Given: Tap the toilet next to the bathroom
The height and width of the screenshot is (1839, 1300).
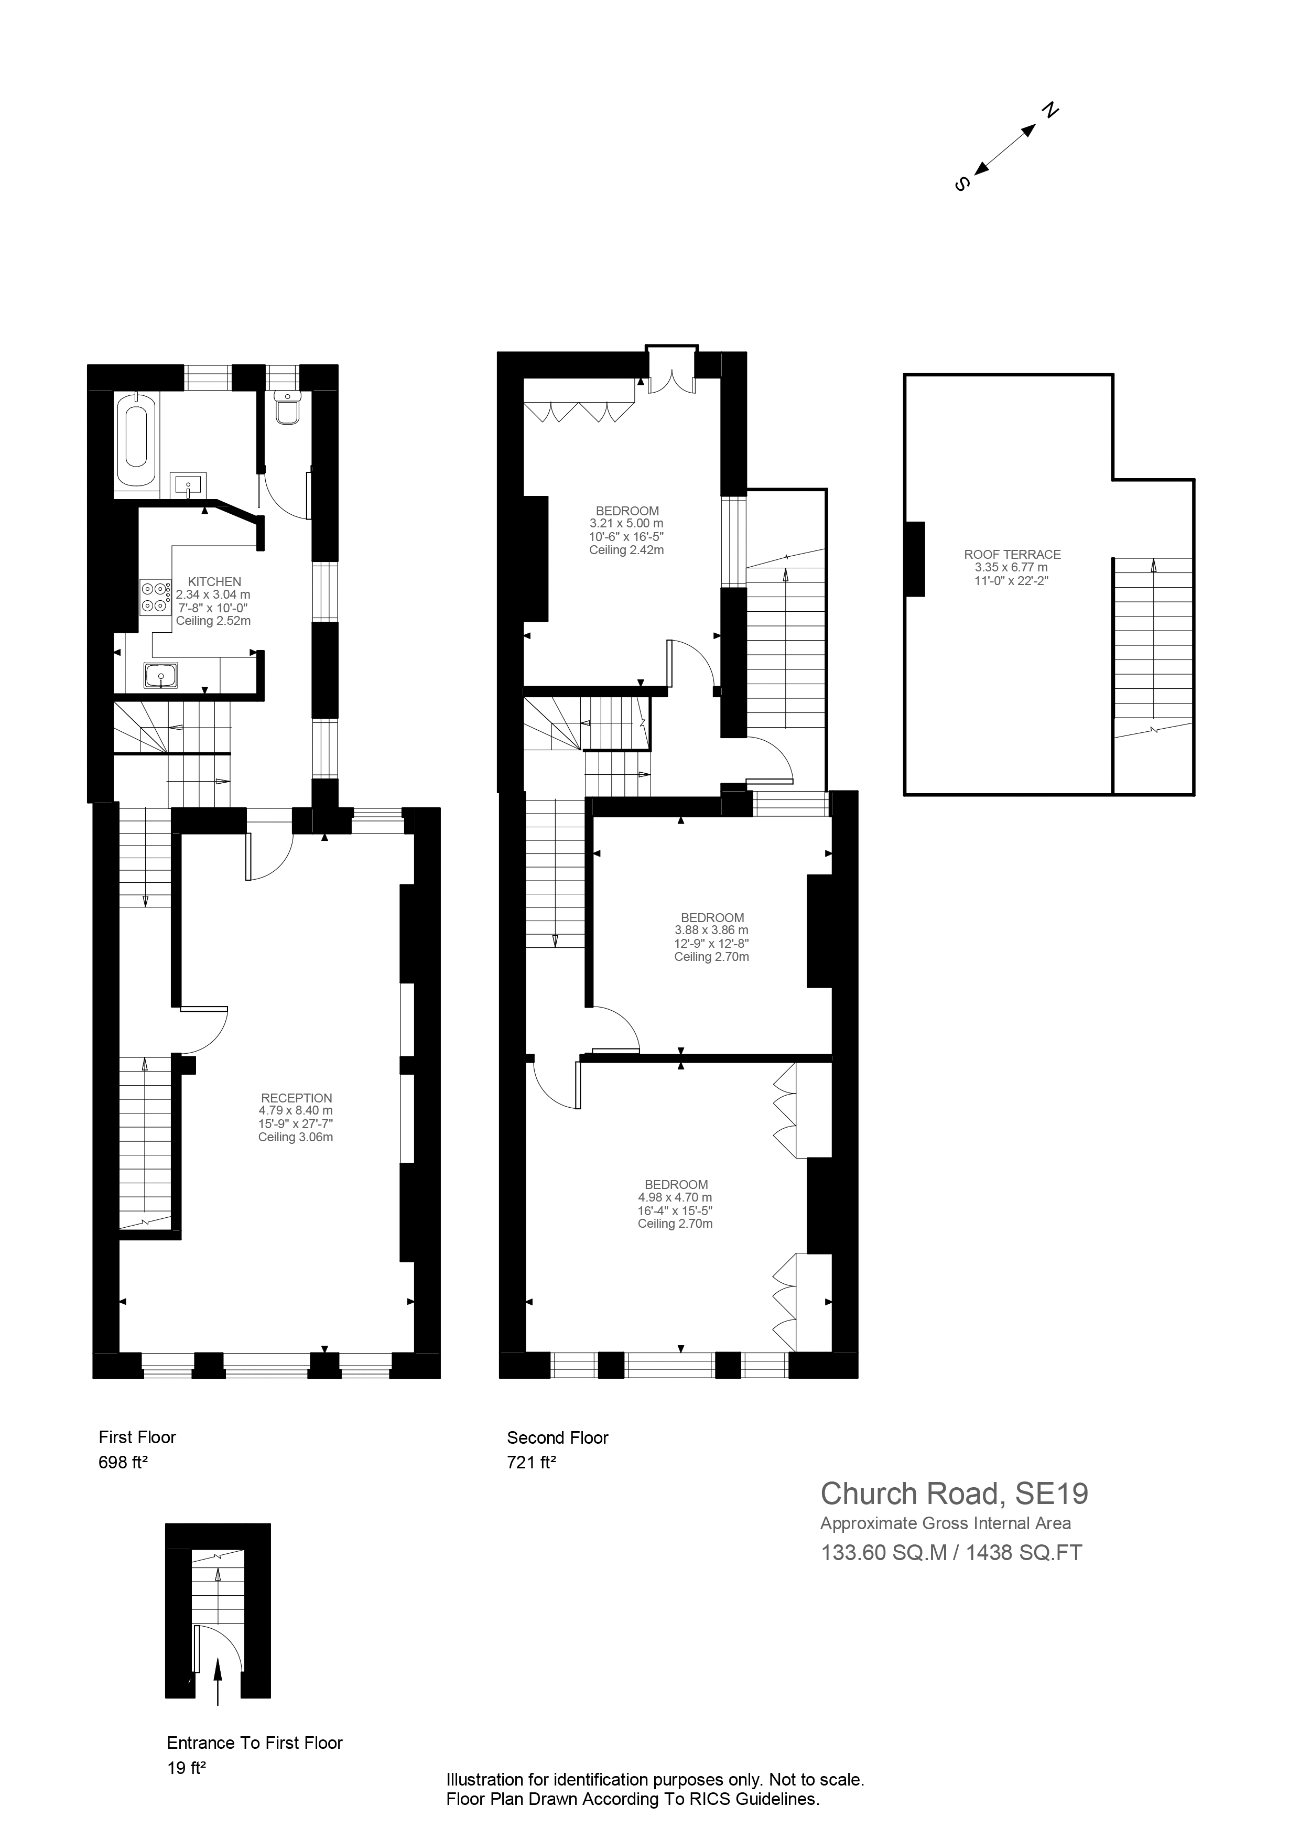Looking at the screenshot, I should pos(287,408).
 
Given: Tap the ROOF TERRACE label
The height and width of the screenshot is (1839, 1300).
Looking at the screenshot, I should pos(1012,554).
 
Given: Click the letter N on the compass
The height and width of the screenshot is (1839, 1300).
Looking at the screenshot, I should pos(1050,111).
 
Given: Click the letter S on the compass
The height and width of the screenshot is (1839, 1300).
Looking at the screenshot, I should pos(963,183).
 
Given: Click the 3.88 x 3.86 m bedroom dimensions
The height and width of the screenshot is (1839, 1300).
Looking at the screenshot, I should pos(711,931).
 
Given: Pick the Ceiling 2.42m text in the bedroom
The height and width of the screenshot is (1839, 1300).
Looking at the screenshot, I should pos(626,550).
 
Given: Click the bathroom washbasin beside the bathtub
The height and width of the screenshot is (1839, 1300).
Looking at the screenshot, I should pos(189,484).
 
